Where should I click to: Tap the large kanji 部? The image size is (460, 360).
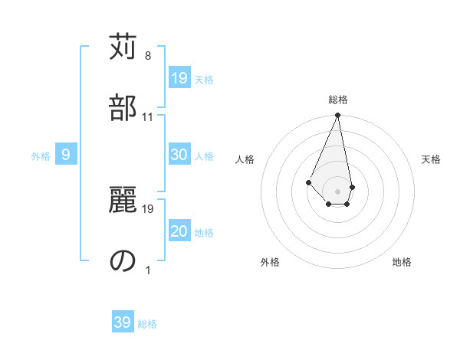click(x=123, y=106)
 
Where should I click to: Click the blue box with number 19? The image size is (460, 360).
click(x=179, y=78)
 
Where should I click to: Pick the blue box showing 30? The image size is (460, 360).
click(x=179, y=155)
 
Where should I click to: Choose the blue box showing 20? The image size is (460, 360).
click(x=179, y=232)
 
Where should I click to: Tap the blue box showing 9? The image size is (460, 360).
click(x=66, y=155)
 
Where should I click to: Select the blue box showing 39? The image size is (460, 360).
click(x=123, y=322)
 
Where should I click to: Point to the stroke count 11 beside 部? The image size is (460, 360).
click(x=148, y=116)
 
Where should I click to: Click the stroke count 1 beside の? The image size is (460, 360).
click(x=148, y=270)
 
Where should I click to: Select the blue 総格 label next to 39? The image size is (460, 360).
click(x=147, y=324)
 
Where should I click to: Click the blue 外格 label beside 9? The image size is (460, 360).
click(x=41, y=156)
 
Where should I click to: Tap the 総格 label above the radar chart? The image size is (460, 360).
click(x=337, y=100)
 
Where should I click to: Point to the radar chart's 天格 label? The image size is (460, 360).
click(x=431, y=159)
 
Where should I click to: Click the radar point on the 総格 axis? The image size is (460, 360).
click(x=337, y=116)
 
